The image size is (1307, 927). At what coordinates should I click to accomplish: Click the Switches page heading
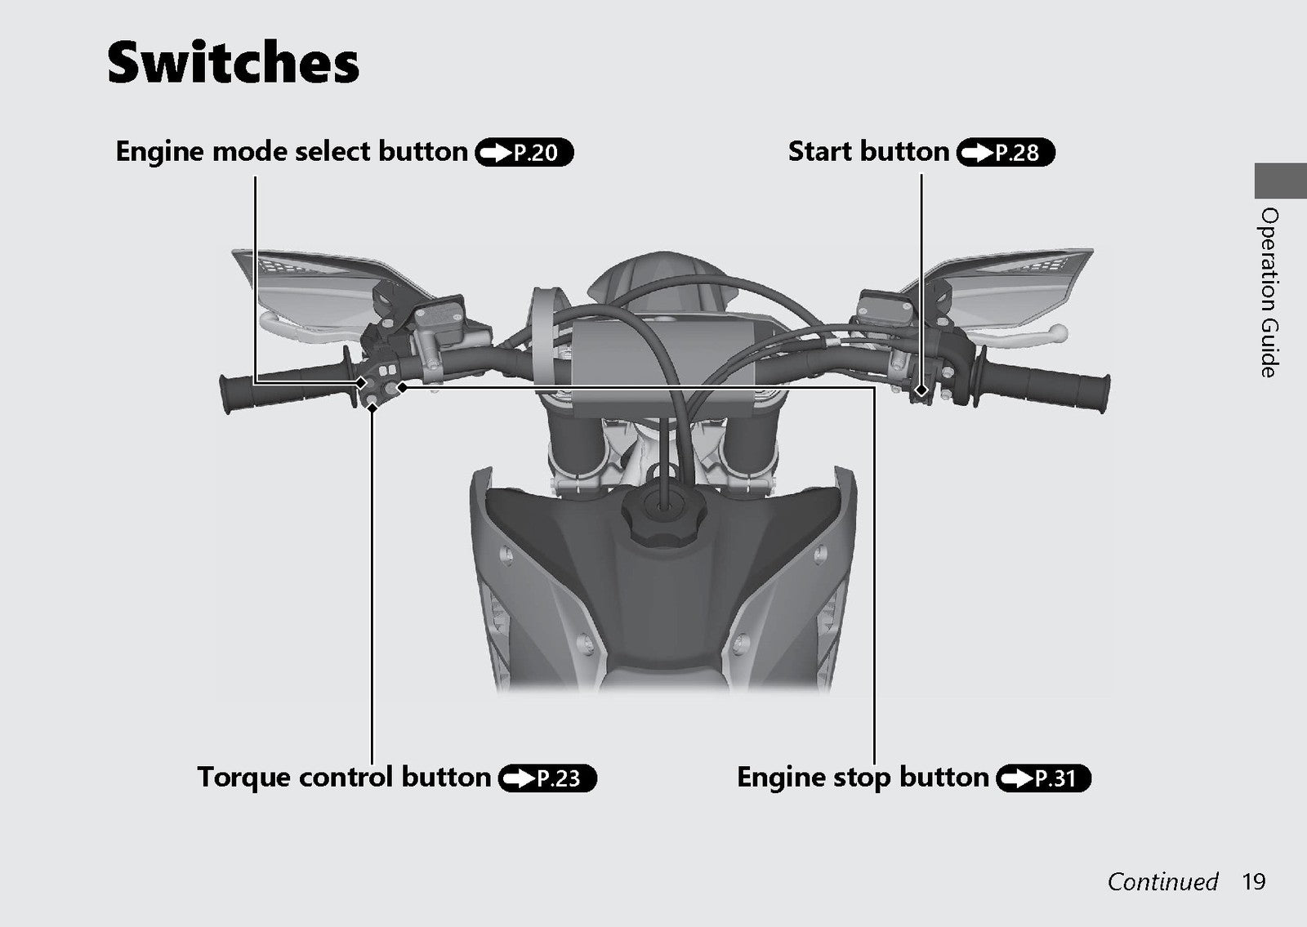[x=233, y=62]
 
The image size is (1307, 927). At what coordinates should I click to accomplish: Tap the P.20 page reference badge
[x=524, y=153]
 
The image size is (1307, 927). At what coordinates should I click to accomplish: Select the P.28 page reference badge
[x=1006, y=153]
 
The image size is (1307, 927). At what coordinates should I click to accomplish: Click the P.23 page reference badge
[x=547, y=778]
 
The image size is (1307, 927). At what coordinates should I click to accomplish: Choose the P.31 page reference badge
[x=1043, y=778]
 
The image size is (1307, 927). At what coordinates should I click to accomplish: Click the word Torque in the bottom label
[x=244, y=778]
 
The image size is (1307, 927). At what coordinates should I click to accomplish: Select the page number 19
[x=1253, y=881]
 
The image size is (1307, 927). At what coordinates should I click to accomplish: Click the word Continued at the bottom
[x=1163, y=881]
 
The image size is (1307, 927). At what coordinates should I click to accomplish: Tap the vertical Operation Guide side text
[x=1270, y=292]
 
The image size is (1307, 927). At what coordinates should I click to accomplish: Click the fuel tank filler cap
[x=663, y=515]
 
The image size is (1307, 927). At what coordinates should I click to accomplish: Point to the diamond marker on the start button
[x=921, y=390]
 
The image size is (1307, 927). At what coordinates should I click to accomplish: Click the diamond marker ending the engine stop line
[x=401, y=387]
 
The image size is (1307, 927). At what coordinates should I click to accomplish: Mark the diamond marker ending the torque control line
[x=372, y=408]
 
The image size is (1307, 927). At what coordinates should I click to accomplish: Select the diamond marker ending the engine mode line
[x=361, y=383]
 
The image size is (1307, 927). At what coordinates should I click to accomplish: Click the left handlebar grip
[x=286, y=386]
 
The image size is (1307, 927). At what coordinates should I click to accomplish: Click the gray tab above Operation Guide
[x=1281, y=180]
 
